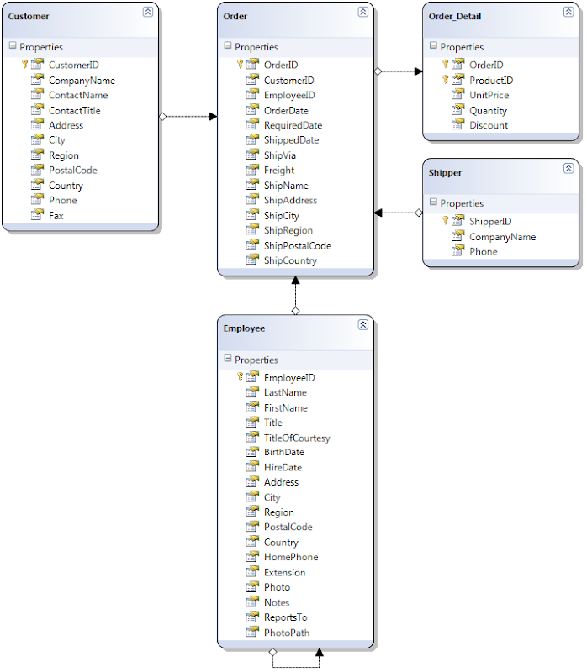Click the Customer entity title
(x=29, y=17)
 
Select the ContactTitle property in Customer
(x=74, y=110)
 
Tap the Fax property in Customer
(x=56, y=215)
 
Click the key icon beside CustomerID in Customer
(x=25, y=65)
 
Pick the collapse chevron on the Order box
(x=362, y=12)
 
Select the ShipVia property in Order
(x=279, y=155)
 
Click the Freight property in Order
(x=279, y=171)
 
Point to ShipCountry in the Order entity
(x=290, y=260)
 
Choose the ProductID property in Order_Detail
(x=491, y=81)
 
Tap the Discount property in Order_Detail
(x=489, y=125)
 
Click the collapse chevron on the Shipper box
(x=568, y=168)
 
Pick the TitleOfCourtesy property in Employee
(x=297, y=438)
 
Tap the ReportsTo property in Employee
(x=285, y=617)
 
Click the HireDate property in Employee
(x=283, y=467)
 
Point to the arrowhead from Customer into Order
(x=213, y=118)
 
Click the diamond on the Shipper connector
(x=419, y=213)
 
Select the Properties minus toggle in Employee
(x=227, y=360)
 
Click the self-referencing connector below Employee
(x=295, y=666)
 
